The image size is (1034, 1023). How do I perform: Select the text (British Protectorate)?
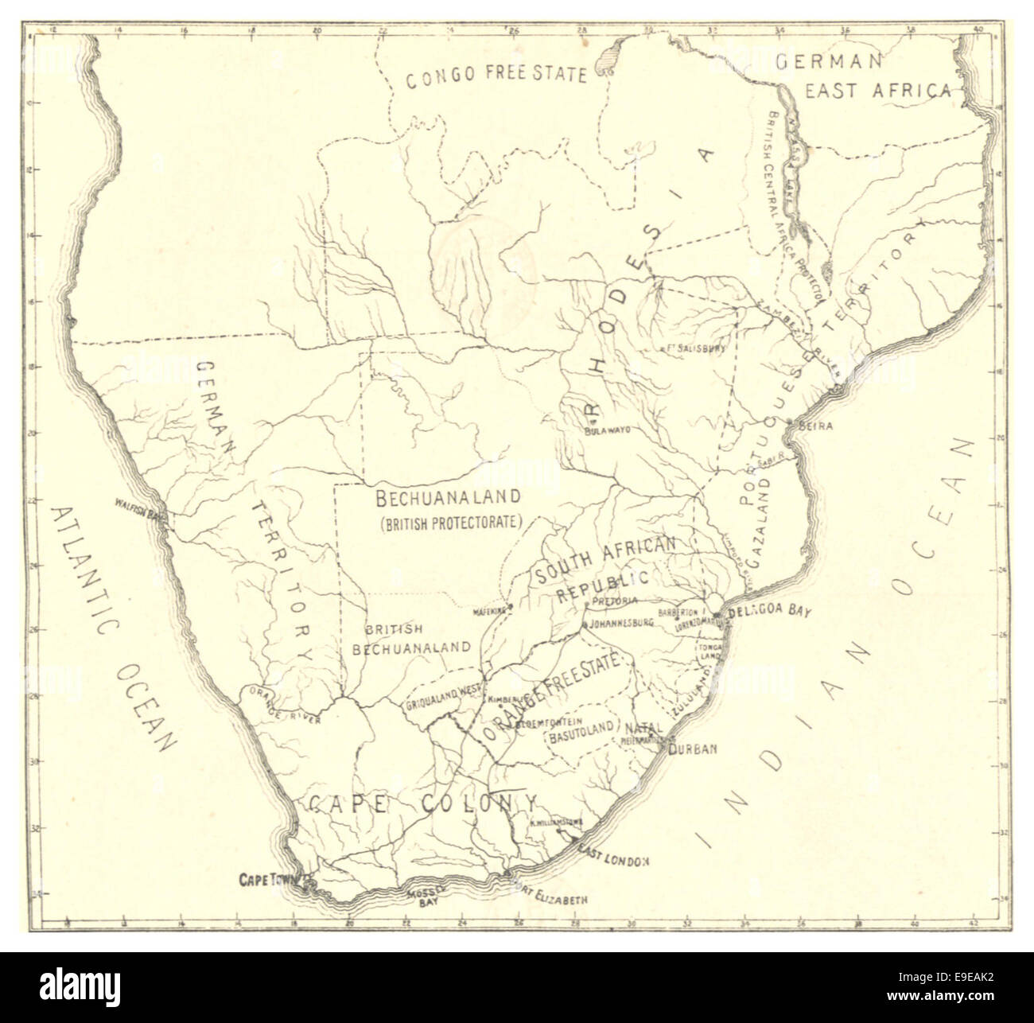click(x=450, y=523)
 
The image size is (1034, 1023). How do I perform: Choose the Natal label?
click(x=643, y=728)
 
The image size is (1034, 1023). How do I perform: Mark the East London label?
click(x=614, y=861)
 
